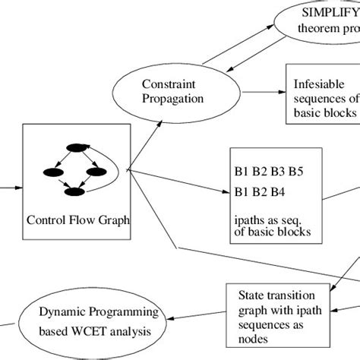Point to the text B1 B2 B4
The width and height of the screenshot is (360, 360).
tap(263, 191)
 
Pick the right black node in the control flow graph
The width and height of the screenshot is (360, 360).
tap(95, 172)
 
